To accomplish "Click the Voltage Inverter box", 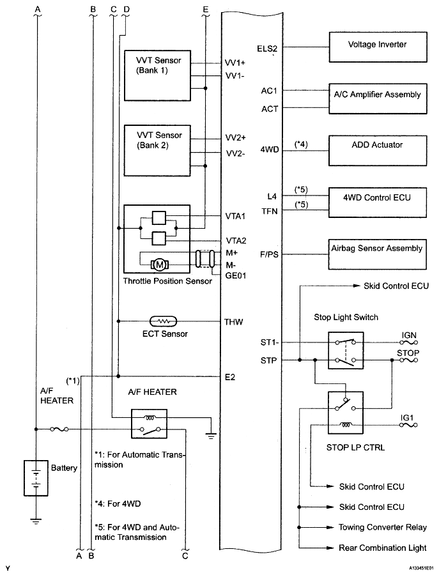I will click(x=377, y=46).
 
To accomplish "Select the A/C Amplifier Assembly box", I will click(x=377, y=95).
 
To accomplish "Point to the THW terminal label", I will click(x=233, y=323).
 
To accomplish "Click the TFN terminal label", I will click(x=269, y=212).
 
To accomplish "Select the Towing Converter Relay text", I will click(x=382, y=528).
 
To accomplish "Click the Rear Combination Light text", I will click(x=382, y=548).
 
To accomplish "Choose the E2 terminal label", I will click(x=231, y=377).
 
